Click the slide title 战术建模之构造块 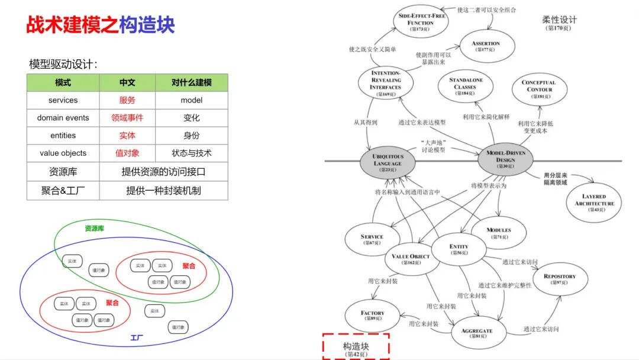pos(101,25)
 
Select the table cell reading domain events pos(63,118)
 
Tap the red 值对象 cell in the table pos(127,153)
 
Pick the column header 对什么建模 pos(192,83)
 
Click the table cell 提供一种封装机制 pos(163,191)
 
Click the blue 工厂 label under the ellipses pos(137,338)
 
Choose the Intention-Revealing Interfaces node pos(385,83)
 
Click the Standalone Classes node pos(466,86)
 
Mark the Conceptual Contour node pos(538,89)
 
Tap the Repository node pos(559,279)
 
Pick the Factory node pos(372,316)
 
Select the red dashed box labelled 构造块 pos(356,346)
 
